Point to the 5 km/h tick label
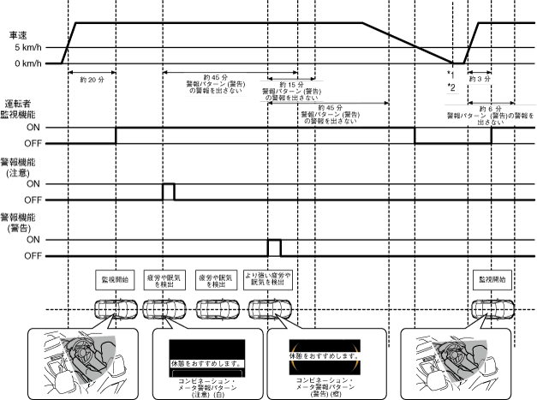tap(25, 48)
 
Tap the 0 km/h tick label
tap(25, 63)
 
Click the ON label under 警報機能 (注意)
tap(31, 183)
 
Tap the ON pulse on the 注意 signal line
tap(168, 191)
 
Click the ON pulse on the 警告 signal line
tap(273, 248)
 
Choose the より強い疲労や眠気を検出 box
tap(268, 279)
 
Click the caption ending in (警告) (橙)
tap(320, 387)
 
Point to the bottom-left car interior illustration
tap(77, 361)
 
